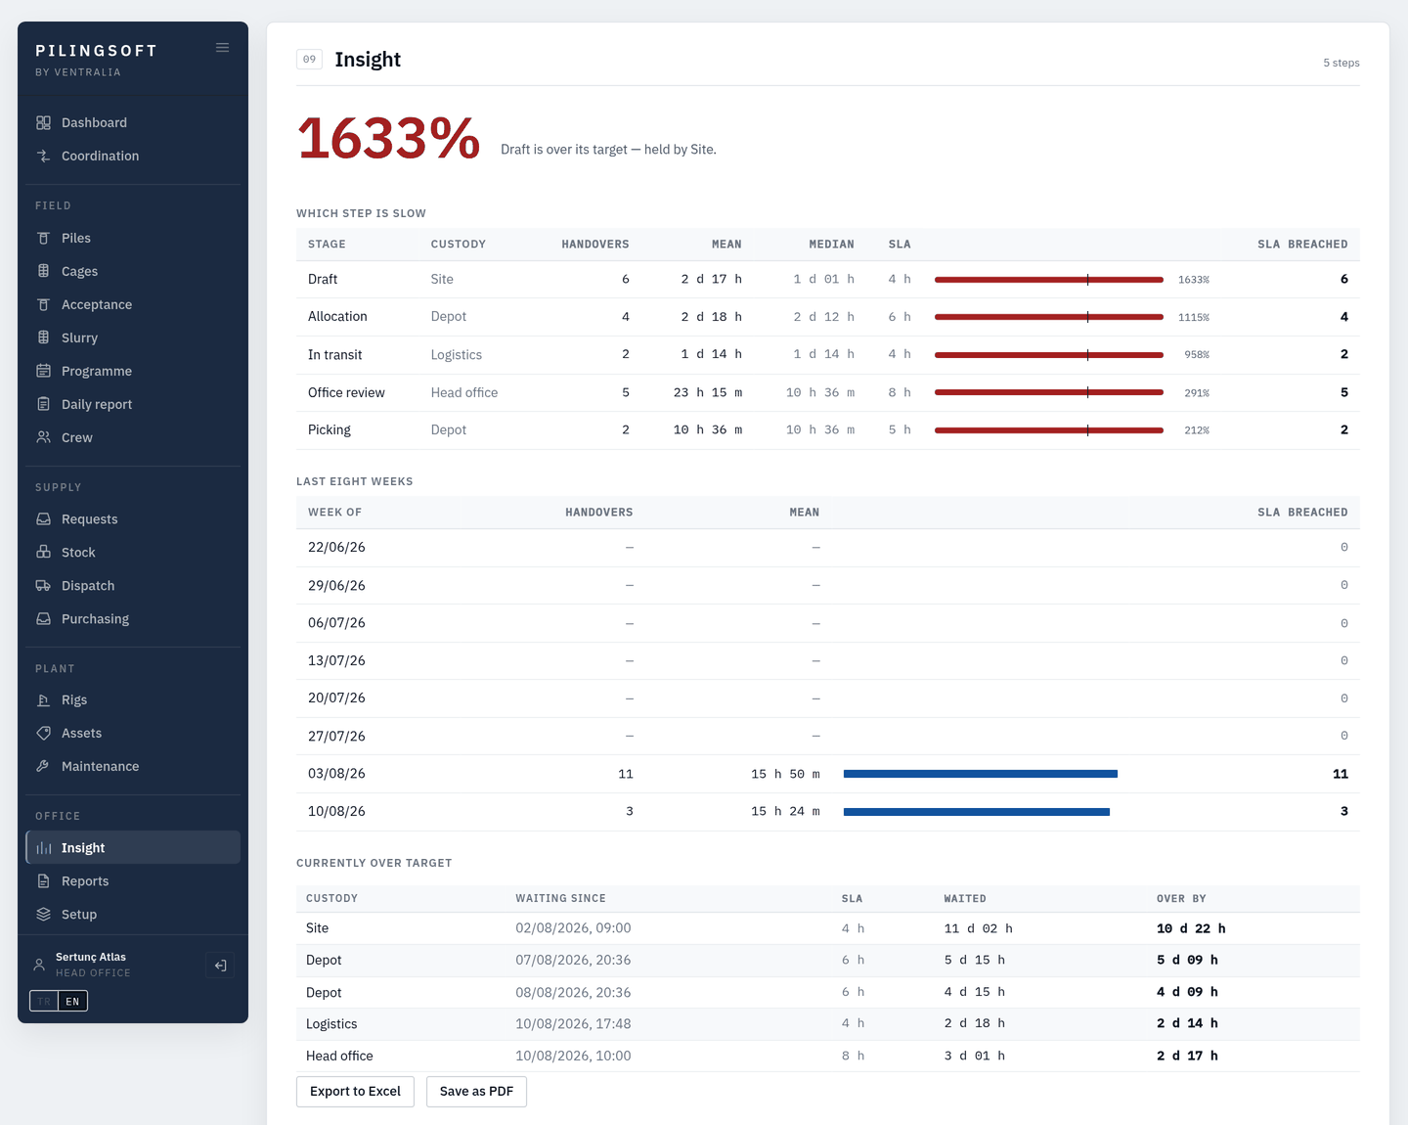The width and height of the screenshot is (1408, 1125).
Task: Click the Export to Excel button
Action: pyautogui.click(x=355, y=1091)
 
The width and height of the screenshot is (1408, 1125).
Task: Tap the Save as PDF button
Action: pyautogui.click(x=476, y=1091)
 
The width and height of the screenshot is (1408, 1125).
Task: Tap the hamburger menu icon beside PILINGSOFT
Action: pyautogui.click(x=223, y=48)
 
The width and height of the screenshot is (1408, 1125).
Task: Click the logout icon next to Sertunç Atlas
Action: pyautogui.click(x=221, y=966)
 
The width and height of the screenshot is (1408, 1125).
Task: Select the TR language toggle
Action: pyautogui.click(x=44, y=1001)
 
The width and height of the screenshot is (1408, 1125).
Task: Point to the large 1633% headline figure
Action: pyautogui.click(x=388, y=138)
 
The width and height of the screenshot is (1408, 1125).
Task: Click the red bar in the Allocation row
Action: pyautogui.click(x=1049, y=317)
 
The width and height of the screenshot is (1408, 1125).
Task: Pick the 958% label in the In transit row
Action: pyautogui.click(x=1197, y=354)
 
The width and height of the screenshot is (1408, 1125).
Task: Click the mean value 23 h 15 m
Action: pyautogui.click(x=707, y=392)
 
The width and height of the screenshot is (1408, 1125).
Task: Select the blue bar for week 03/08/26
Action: pyautogui.click(x=980, y=774)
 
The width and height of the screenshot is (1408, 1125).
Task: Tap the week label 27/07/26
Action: pyautogui.click(x=336, y=736)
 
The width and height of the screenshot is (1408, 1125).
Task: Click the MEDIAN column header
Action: pyautogui.click(x=831, y=245)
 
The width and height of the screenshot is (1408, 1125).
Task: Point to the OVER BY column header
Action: pyautogui.click(x=1181, y=898)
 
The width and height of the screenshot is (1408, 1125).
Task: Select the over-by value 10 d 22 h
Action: pyautogui.click(x=1191, y=928)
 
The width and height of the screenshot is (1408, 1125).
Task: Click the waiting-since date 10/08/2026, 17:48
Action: pyautogui.click(x=573, y=1023)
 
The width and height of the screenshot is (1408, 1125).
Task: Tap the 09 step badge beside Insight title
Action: pyautogui.click(x=310, y=59)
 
